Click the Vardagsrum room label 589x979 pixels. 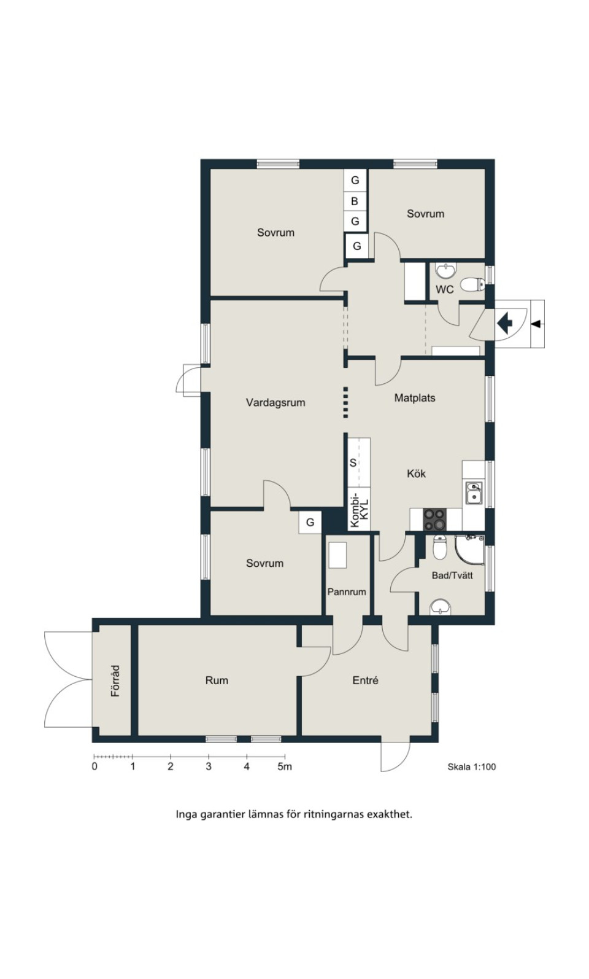275,402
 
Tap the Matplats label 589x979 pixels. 415,398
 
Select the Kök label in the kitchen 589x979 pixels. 416,474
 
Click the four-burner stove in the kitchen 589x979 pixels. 435,519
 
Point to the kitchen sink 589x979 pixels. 474,493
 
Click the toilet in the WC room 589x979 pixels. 472,284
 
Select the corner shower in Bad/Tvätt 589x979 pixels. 470,549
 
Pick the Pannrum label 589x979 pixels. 347,592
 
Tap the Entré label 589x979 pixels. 366,680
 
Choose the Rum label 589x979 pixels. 217,680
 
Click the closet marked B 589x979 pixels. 355,201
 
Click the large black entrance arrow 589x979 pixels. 504,324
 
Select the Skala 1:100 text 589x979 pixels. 472,766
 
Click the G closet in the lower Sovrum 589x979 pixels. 310,522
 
